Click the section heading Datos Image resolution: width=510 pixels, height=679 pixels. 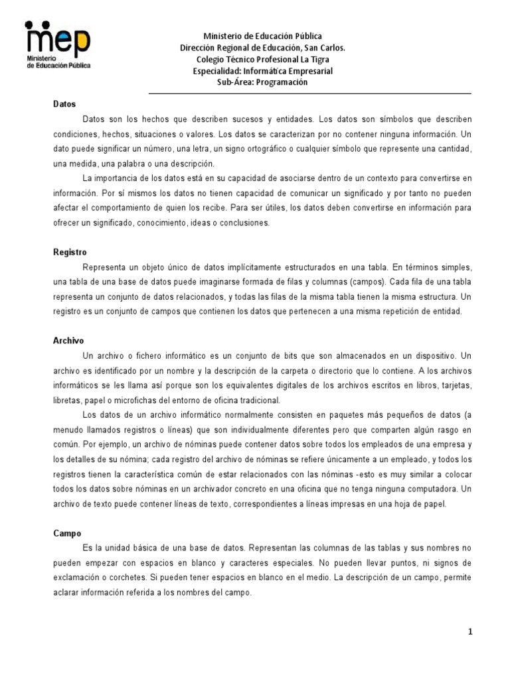(x=64, y=104)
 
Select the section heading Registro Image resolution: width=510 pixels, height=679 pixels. (x=69, y=252)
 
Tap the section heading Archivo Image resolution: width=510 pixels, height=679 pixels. (x=68, y=340)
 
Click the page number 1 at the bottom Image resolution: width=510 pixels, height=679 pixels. (x=469, y=632)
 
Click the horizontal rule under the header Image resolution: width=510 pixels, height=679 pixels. (x=309, y=93)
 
